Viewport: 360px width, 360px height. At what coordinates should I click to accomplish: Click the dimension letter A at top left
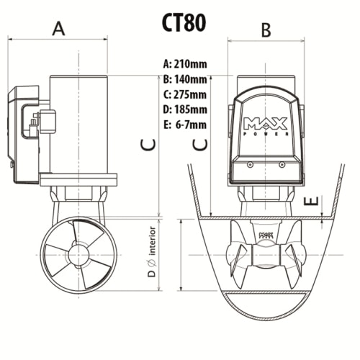(x=59, y=28)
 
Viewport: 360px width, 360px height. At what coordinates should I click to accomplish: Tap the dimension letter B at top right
(x=266, y=30)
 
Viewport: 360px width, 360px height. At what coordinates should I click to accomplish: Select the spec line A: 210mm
(x=185, y=63)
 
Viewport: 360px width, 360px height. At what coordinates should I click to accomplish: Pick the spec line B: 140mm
(x=185, y=79)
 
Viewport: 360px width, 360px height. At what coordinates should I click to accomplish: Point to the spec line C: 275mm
(x=185, y=94)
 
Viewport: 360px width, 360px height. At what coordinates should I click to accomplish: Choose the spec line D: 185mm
(x=185, y=109)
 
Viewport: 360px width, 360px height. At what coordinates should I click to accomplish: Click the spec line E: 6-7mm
(x=185, y=125)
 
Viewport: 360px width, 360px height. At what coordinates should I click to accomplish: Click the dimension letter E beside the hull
(x=310, y=203)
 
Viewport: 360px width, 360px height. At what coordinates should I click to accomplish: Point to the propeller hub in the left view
(x=78, y=255)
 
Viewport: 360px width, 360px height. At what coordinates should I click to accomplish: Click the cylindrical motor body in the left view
(x=78, y=122)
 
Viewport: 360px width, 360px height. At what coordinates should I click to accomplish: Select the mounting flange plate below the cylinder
(x=78, y=179)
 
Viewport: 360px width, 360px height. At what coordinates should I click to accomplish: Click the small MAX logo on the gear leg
(x=266, y=234)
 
